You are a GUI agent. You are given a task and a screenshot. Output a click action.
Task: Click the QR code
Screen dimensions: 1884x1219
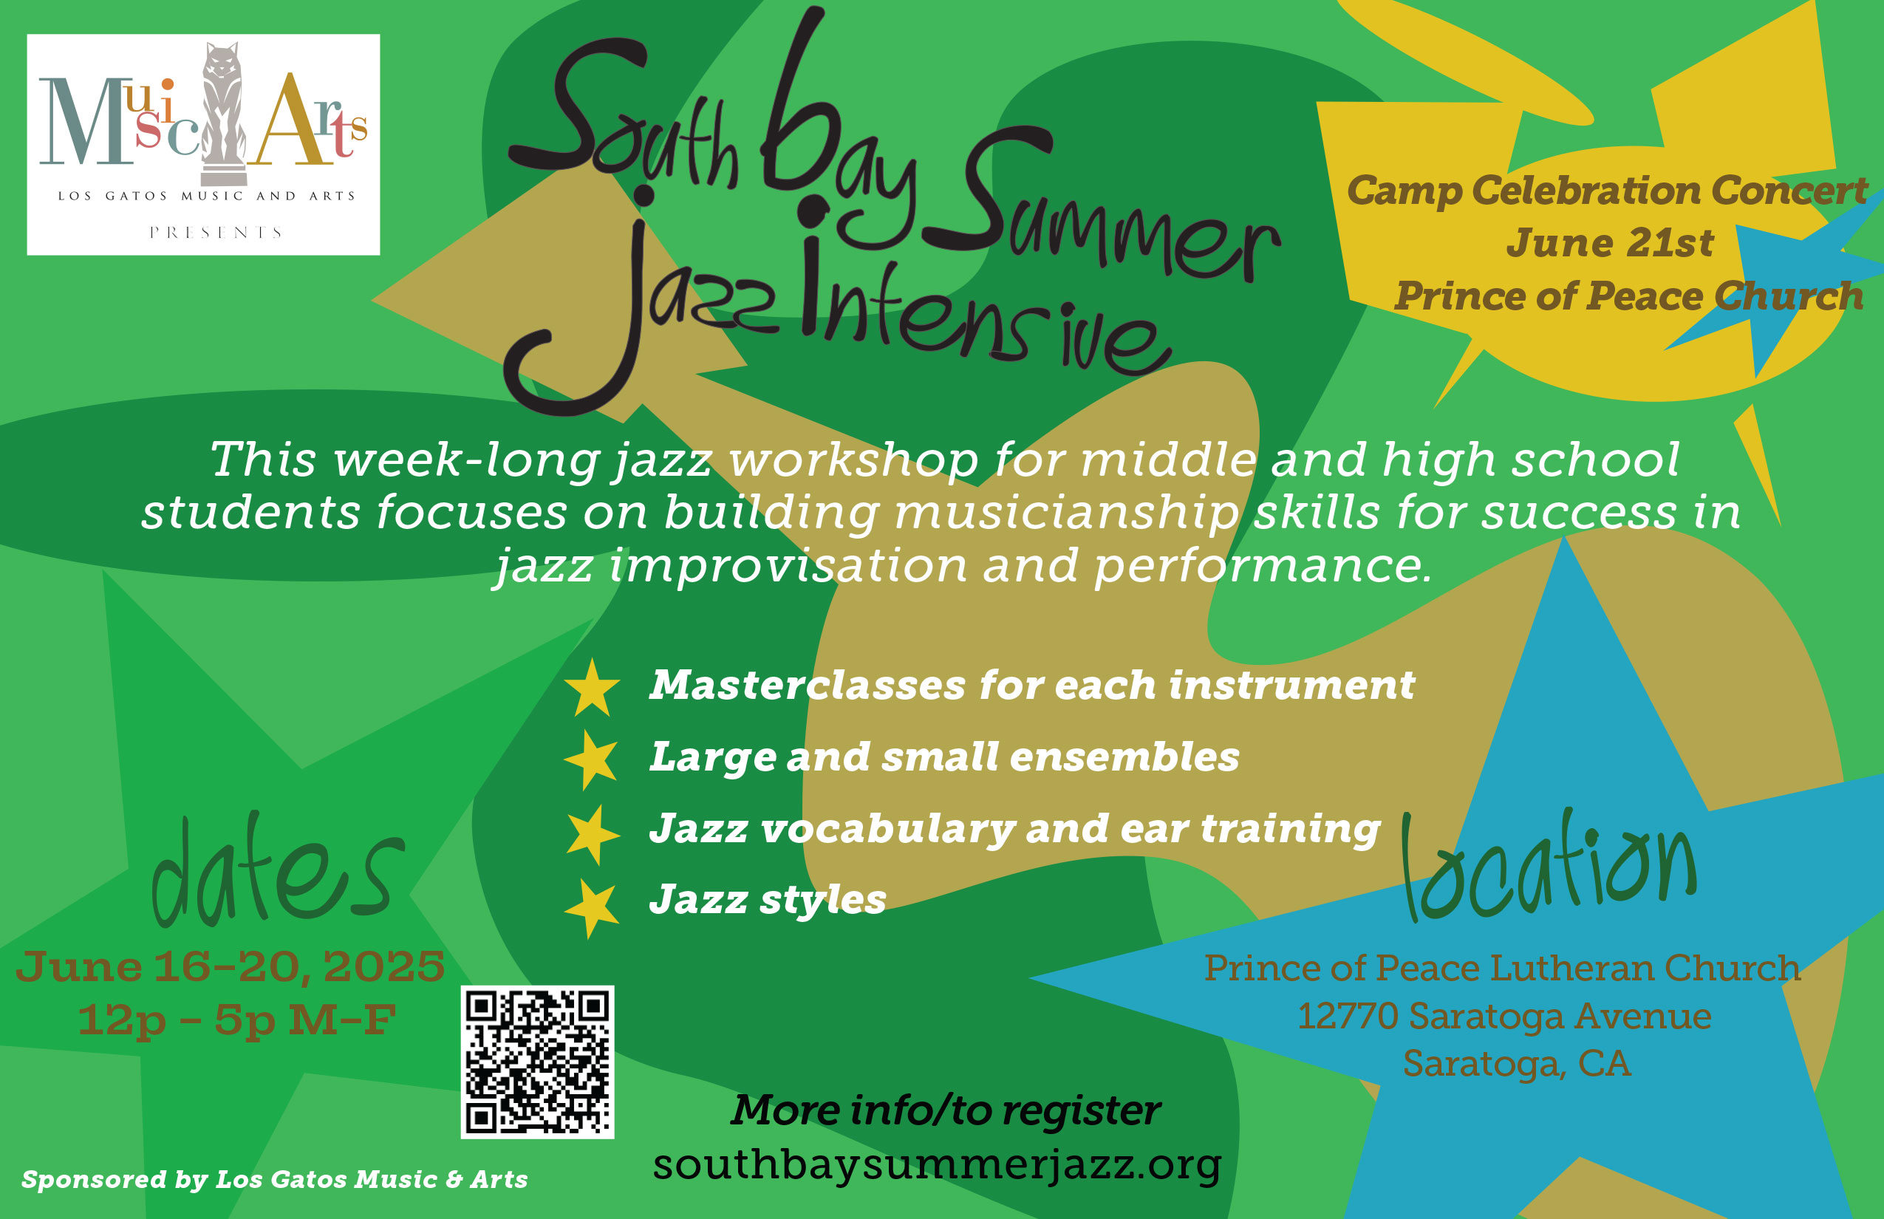coord(538,1062)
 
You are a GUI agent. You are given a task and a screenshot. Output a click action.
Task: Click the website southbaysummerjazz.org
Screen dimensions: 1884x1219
coord(938,1164)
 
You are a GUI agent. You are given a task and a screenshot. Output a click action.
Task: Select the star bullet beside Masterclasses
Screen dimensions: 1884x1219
coord(592,687)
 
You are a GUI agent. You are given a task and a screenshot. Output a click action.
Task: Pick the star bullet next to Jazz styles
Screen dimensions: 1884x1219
coord(591,908)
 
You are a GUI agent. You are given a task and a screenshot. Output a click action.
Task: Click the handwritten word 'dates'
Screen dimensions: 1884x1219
coord(278,872)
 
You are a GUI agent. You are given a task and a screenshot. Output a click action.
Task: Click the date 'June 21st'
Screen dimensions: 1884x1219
coord(1609,243)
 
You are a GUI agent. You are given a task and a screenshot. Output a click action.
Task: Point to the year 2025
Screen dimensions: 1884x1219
coord(384,966)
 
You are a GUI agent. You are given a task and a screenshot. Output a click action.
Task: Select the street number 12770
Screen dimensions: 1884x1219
coord(1348,1016)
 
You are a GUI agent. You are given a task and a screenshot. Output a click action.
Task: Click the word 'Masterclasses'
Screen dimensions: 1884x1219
coord(808,686)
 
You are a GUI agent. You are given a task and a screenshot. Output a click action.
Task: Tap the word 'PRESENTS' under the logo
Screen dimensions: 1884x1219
coord(215,233)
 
